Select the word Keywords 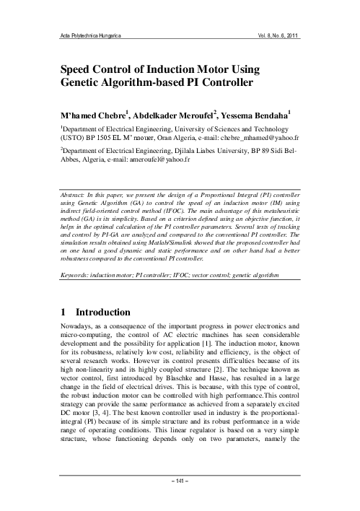(x=76, y=277)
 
